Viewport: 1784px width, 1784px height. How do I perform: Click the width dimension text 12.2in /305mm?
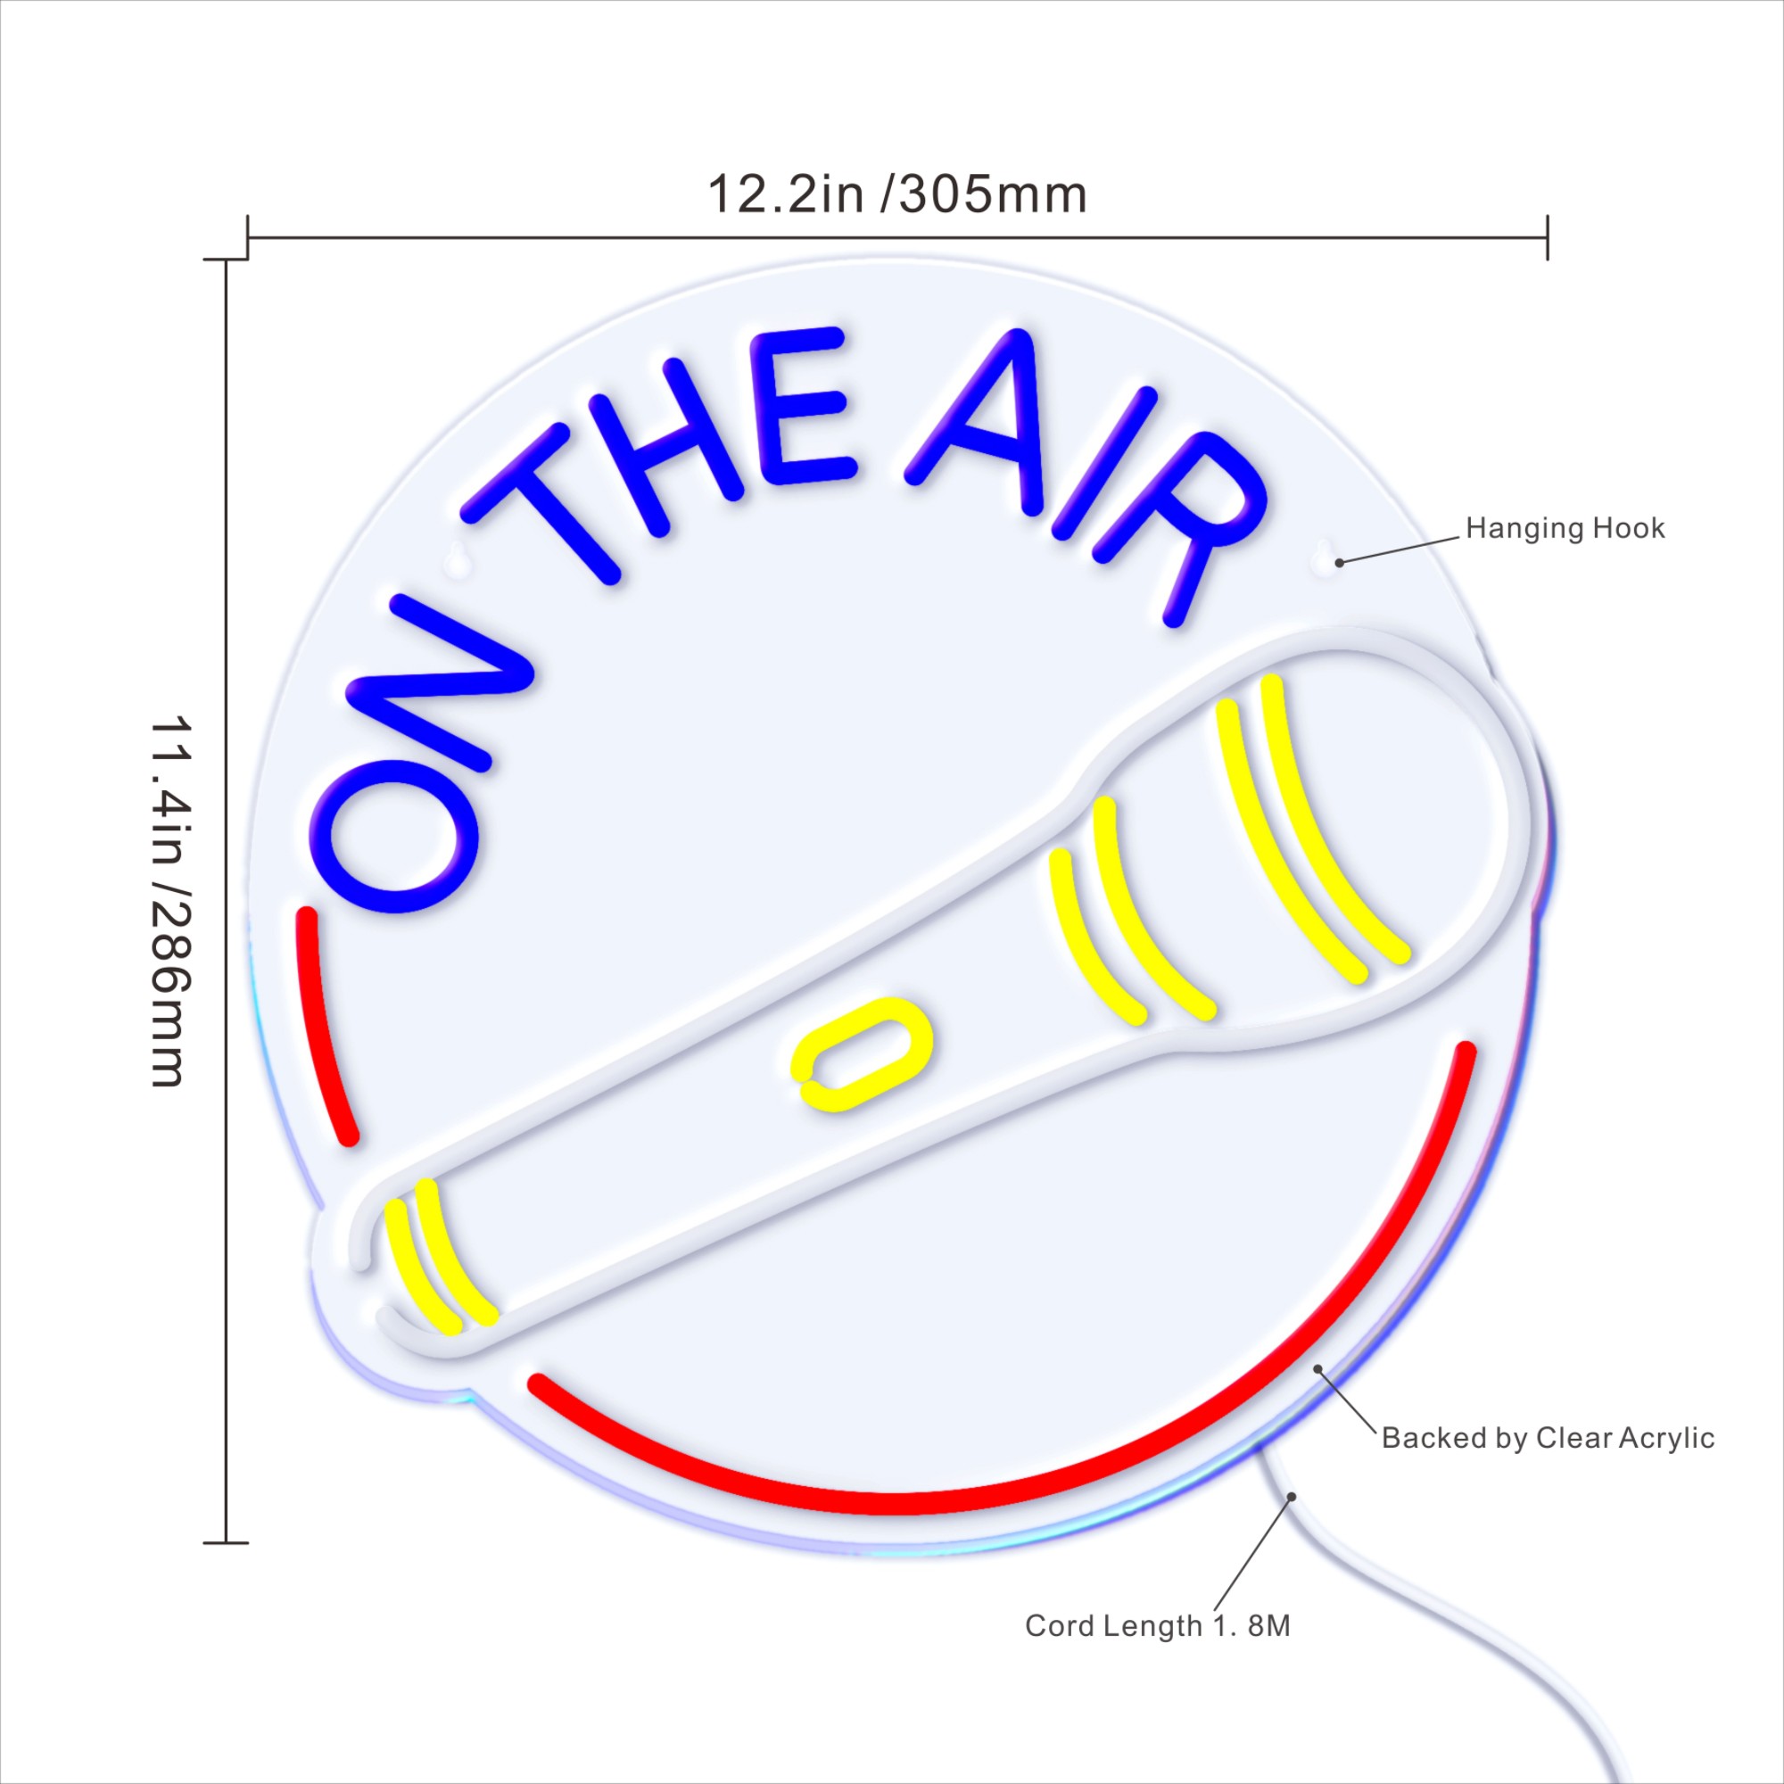click(897, 195)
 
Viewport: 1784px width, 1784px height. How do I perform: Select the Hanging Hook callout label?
click(1565, 528)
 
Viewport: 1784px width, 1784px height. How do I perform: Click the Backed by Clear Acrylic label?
click(1548, 1438)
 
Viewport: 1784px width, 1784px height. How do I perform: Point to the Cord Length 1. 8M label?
click(1158, 1651)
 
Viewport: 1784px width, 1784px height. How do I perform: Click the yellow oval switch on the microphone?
click(863, 1053)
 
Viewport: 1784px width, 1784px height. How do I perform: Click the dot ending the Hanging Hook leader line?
click(1339, 561)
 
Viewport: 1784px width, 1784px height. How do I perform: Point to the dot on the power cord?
click(1292, 1497)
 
